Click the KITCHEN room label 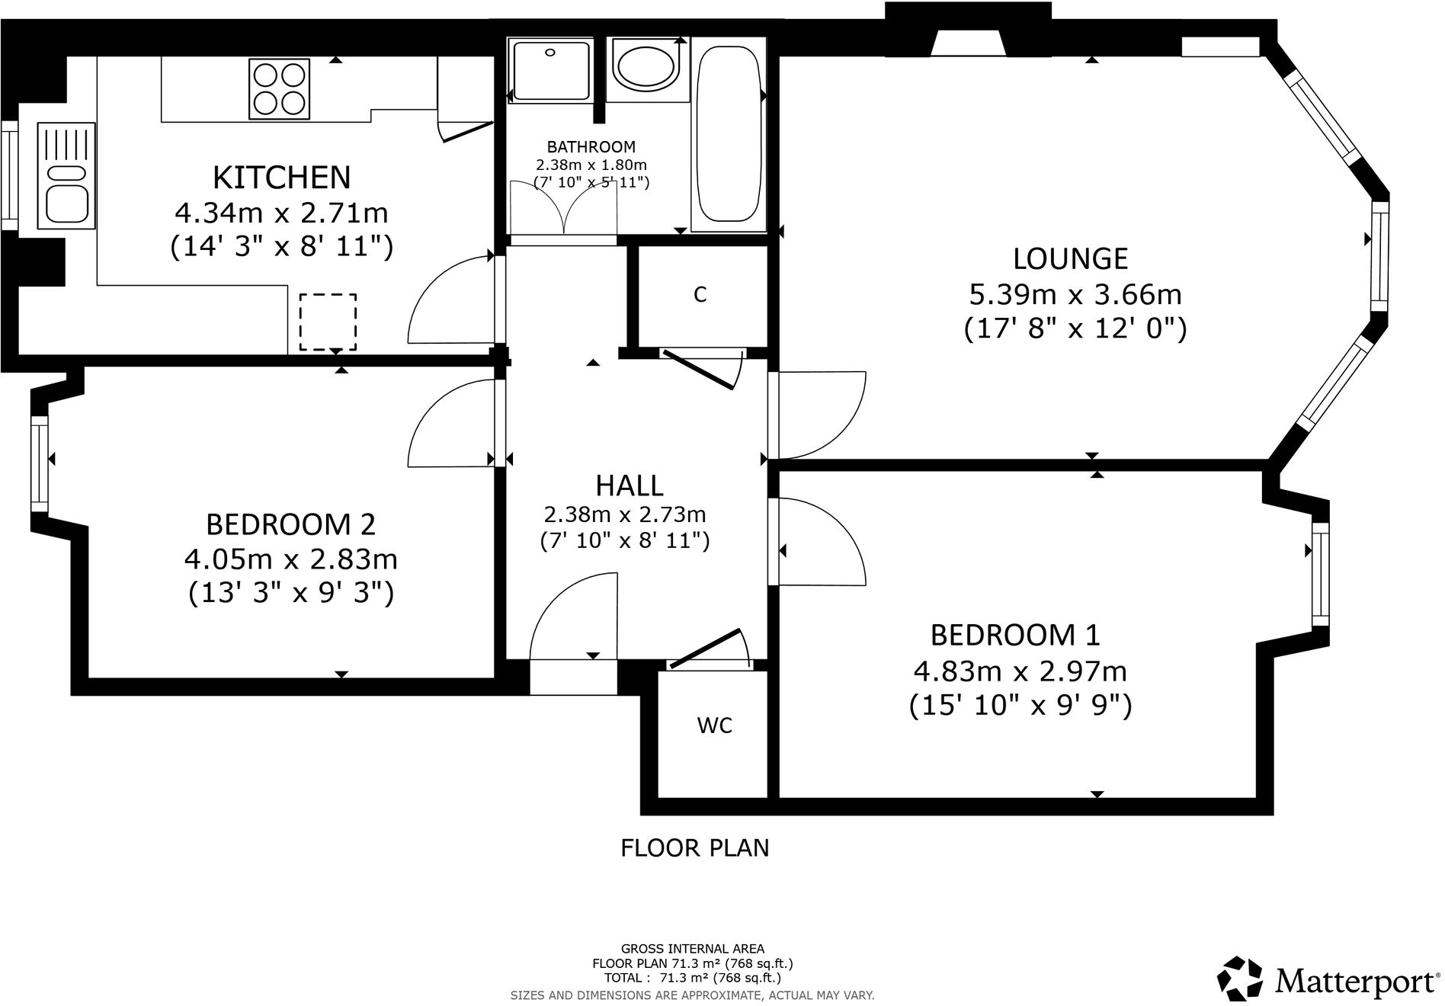(x=281, y=178)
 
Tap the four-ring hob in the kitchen (x=280, y=90)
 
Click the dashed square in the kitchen (x=328, y=322)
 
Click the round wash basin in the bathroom (x=645, y=68)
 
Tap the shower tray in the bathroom (x=551, y=72)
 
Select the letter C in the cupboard (x=700, y=295)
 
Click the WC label (x=714, y=726)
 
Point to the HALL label (x=629, y=485)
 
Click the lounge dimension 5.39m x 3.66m (x=1075, y=294)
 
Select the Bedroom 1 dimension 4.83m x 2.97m (x=1020, y=671)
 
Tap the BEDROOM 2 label (x=290, y=524)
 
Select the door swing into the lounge (x=819, y=415)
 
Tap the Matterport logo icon (x=1238, y=979)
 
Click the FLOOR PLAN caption (x=694, y=847)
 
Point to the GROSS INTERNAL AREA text (x=692, y=949)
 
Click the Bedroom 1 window (x=1320, y=574)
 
